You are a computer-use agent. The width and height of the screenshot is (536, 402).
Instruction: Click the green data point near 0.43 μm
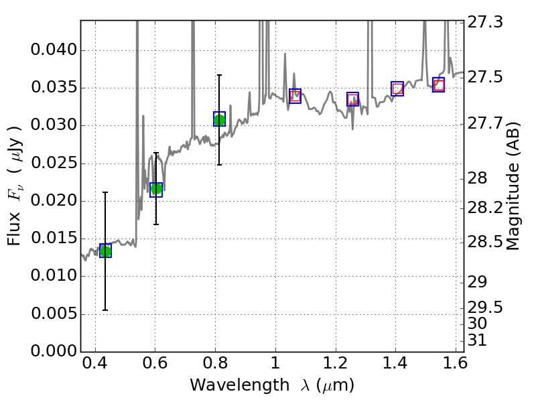coord(105,251)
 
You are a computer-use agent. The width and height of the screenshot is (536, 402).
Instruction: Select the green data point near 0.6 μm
coord(156,190)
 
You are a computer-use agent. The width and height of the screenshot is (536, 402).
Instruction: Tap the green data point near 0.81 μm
coord(219,119)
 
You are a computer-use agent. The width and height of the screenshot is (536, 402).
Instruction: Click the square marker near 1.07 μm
coord(295,96)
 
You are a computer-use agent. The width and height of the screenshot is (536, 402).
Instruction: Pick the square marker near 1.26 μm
coord(353,99)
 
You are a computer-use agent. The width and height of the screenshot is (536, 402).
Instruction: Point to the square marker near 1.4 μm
coord(397,88)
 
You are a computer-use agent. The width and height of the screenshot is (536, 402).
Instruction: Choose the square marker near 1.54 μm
coord(439,84)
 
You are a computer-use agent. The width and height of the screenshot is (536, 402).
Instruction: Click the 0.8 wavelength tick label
coord(215,366)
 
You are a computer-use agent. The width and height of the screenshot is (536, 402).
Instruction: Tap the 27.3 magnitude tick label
coord(487,23)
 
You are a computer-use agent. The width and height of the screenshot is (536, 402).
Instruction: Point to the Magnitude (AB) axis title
coord(514,186)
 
